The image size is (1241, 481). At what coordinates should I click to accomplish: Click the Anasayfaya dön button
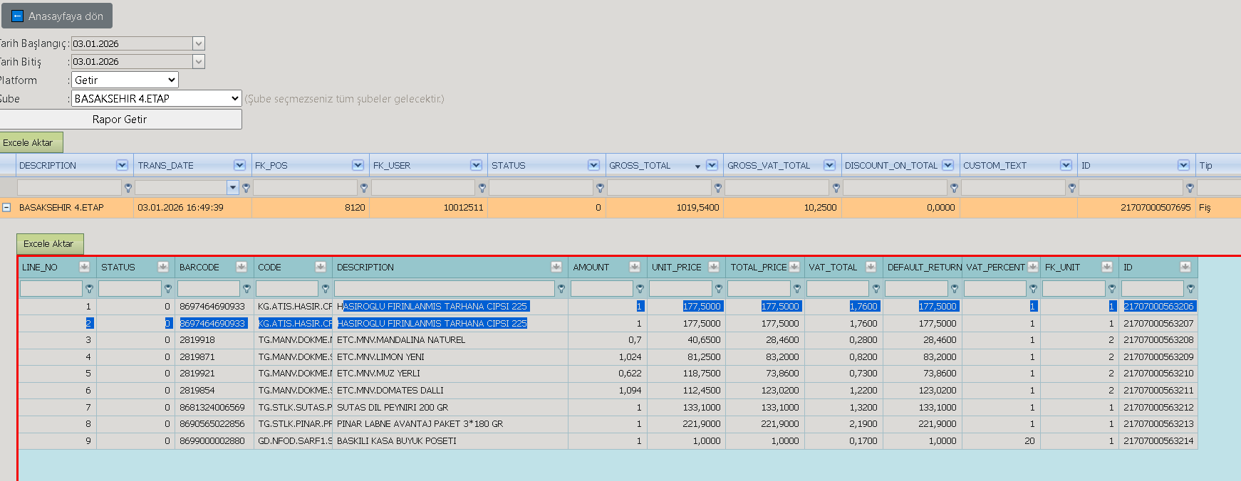tap(57, 16)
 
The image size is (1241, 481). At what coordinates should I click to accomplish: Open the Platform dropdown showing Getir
tap(125, 80)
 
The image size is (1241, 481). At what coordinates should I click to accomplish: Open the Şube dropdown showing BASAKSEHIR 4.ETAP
tap(157, 98)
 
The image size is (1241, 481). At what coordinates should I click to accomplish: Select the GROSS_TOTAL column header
tap(640, 165)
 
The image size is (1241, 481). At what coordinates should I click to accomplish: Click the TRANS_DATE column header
tap(166, 165)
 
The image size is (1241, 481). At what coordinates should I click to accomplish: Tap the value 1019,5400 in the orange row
tap(697, 208)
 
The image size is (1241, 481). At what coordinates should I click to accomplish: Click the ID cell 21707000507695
tap(1156, 208)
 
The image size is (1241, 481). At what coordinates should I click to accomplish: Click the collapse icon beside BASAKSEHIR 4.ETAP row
tap(6, 208)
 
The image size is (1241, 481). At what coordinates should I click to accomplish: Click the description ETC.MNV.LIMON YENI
tap(380, 357)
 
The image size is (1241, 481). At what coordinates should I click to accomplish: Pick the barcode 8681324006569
tap(212, 408)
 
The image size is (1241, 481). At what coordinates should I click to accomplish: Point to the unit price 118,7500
tap(702, 374)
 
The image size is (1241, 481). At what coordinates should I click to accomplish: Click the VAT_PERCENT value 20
tap(1029, 441)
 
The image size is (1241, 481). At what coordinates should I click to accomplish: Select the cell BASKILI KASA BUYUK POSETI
tap(397, 441)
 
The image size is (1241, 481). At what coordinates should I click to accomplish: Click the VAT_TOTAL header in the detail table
tap(833, 268)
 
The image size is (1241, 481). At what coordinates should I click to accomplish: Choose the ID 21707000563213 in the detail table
tap(1158, 424)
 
